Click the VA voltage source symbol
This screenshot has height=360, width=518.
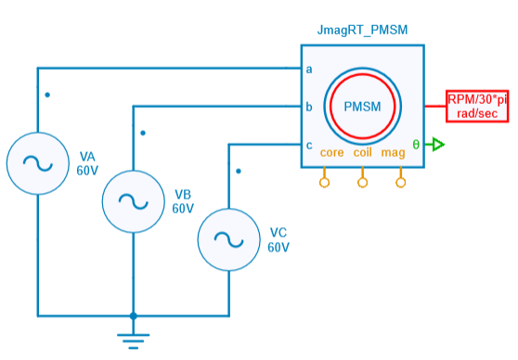point(36,163)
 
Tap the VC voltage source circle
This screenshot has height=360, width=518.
point(228,239)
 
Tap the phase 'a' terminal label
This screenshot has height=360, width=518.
point(309,69)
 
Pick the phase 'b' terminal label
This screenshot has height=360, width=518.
point(309,106)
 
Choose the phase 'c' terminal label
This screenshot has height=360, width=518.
point(309,144)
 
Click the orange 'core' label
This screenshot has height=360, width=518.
point(331,152)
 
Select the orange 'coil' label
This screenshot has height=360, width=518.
point(363,152)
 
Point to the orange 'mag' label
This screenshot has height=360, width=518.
point(393,152)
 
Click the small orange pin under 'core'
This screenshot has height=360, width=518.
point(324,182)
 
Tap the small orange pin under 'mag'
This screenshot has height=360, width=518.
point(401,182)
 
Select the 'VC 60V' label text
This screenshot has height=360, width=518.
point(278,239)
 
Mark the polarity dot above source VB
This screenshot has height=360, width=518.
point(142,133)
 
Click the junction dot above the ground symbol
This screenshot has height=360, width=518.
point(133,316)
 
